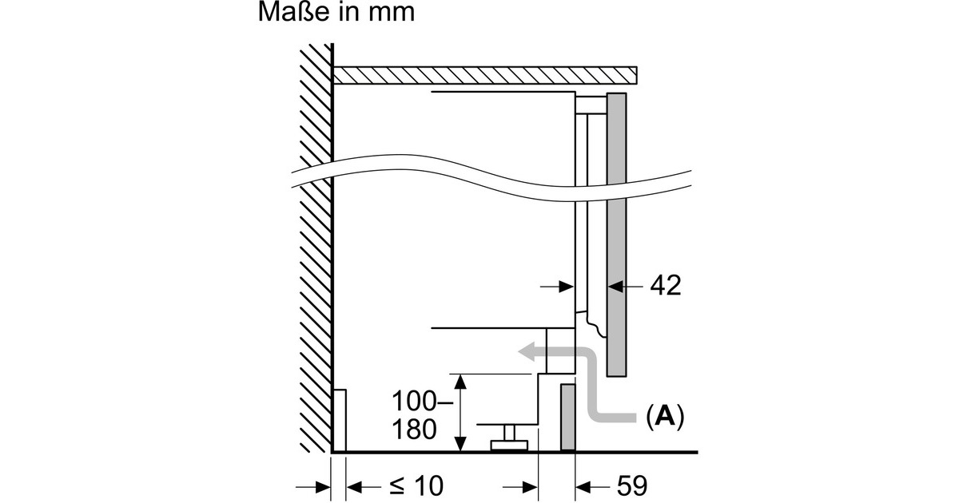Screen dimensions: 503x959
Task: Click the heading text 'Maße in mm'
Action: click(336, 14)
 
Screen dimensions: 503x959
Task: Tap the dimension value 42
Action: click(665, 285)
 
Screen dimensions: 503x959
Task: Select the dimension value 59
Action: click(628, 485)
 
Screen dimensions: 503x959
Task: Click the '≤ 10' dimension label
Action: click(415, 485)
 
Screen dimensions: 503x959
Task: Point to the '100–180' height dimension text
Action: click(415, 414)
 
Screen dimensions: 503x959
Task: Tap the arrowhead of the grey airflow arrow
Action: click(526, 351)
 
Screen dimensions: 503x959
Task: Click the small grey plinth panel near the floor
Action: click(567, 418)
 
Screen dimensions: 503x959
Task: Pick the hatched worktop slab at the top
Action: click(485, 75)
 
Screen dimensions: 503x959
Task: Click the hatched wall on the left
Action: click(315, 240)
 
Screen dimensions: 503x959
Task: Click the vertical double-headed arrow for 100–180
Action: click(460, 412)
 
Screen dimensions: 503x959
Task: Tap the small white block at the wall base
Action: click(339, 420)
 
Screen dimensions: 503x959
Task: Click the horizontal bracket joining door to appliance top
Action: click(591, 101)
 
